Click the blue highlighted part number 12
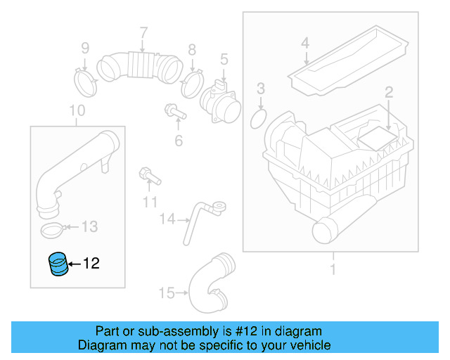[x=58, y=264]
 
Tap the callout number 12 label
[x=91, y=264]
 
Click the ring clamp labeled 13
[x=51, y=229]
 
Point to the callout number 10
[x=77, y=110]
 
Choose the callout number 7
[x=143, y=32]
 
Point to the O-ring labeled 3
[x=259, y=118]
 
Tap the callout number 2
[x=387, y=92]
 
